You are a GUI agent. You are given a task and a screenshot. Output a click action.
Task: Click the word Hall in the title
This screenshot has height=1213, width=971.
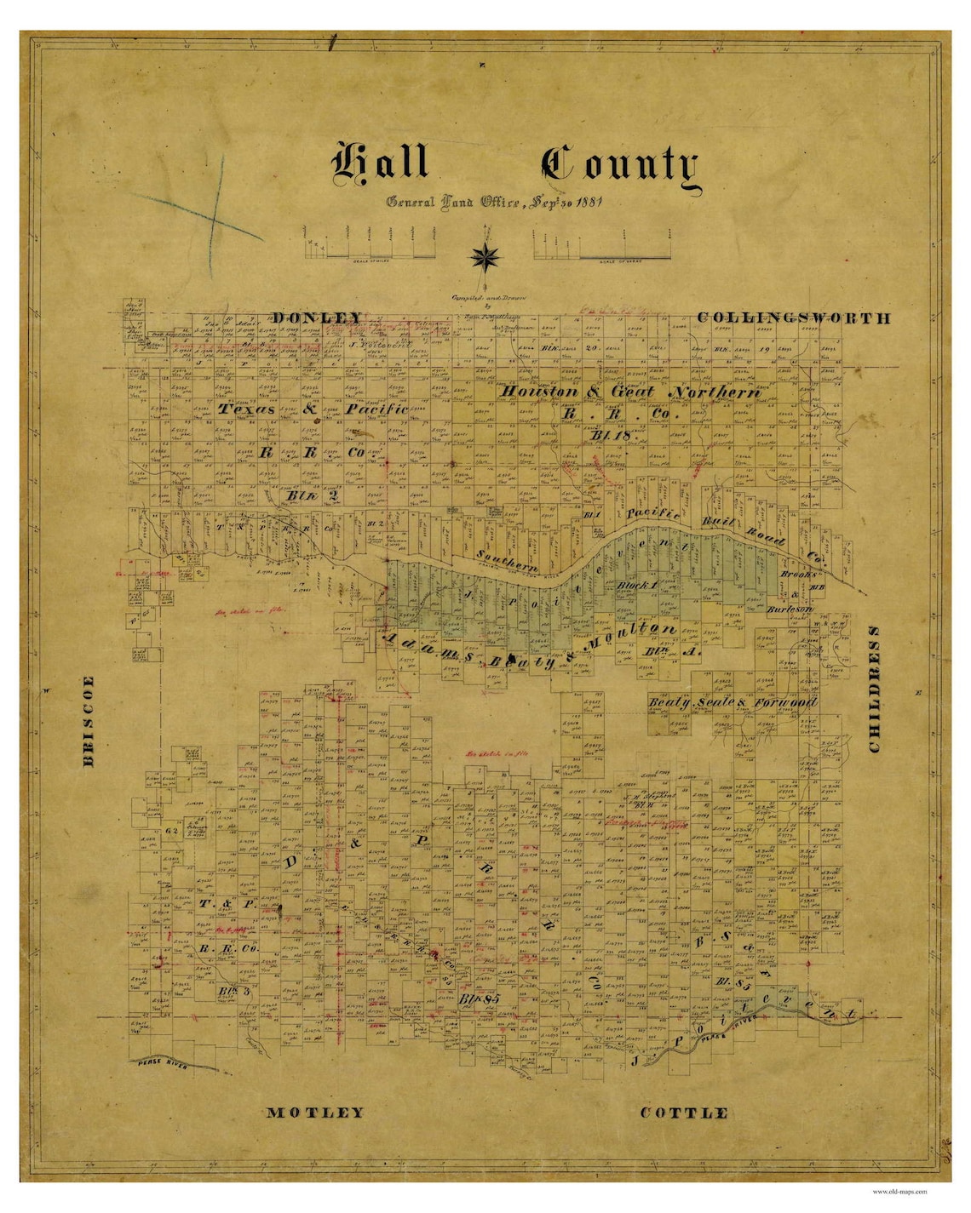click(x=380, y=162)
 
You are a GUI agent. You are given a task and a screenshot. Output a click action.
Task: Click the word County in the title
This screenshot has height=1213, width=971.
click(x=619, y=165)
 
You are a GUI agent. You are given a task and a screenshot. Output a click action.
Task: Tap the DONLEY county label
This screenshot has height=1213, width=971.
click(x=317, y=318)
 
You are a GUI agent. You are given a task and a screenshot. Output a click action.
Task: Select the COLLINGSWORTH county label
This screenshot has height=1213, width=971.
click(x=794, y=318)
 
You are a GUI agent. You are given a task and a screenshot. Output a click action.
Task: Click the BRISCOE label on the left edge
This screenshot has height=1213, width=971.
click(x=89, y=721)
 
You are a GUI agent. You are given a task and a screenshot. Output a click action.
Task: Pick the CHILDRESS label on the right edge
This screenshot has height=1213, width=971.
click(x=874, y=689)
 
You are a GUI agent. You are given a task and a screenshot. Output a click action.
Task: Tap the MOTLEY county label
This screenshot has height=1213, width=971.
click(x=315, y=1113)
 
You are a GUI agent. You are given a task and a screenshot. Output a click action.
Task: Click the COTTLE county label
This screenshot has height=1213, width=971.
click(x=684, y=1113)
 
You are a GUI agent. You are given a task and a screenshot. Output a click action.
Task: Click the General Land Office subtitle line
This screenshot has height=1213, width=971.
click(x=495, y=203)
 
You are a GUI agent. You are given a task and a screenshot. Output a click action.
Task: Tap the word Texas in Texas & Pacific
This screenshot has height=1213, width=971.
click(x=247, y=409)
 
